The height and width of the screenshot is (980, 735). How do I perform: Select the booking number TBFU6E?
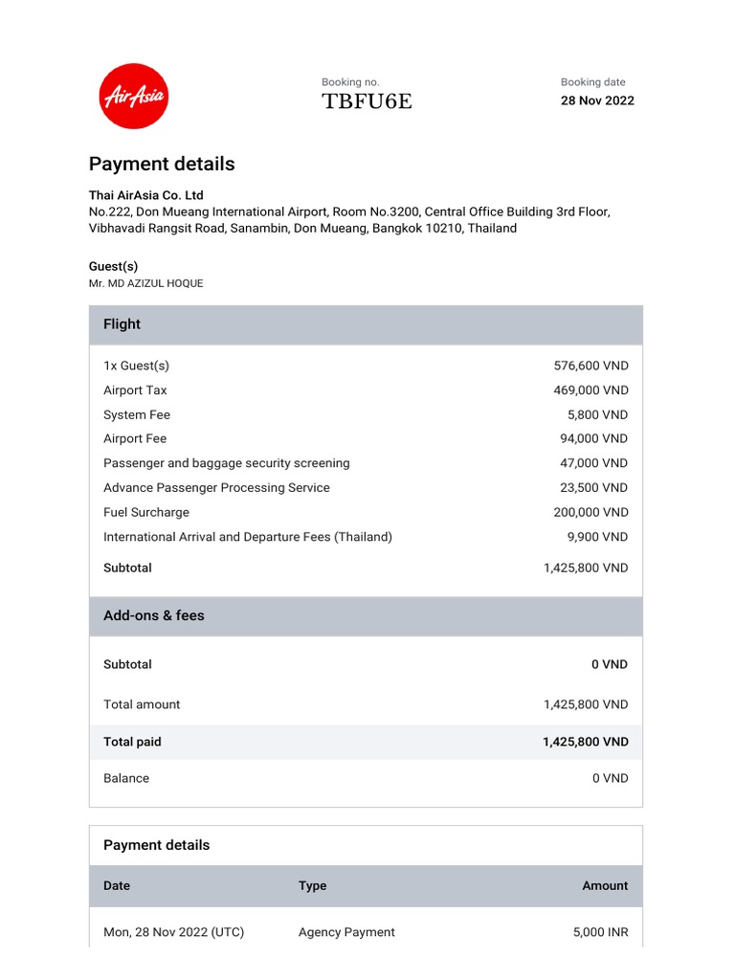click(x=367, y=101)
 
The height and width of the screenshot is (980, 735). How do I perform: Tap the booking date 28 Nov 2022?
click(x=597, y=100)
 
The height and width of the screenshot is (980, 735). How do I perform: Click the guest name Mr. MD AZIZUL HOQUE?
click(x=145, y=283)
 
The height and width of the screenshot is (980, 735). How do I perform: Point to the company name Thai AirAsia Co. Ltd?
click(x=146, y=195)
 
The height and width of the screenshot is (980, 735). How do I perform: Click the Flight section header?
click(x=122, y=324)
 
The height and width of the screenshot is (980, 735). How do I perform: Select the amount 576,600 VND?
click(x=590, y=366)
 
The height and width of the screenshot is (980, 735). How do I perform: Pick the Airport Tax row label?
click(x=135, y=390)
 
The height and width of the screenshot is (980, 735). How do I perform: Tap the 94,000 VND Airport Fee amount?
click(x=593, y=438)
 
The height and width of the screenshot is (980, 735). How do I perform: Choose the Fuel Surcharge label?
click(x=146, y=512)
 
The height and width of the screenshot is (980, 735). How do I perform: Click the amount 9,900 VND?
click(x=597, y=537)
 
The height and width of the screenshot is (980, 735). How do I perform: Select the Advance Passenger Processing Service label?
click(x=216, y=488)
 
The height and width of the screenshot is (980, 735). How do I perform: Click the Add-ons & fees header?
click(x=153, y=615)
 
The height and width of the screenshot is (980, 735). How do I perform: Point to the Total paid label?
click(x=132, y=742)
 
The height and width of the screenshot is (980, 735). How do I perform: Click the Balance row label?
click(x=126, y=778)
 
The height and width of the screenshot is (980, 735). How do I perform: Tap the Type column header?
click(x=312, y=886)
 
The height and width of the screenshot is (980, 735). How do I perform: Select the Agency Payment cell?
click(x=346, y=932)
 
